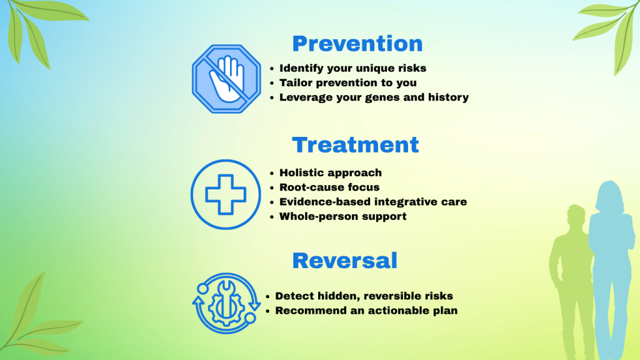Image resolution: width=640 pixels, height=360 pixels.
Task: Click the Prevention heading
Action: (x=357, y=44)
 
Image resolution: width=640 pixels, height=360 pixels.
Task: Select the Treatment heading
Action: (x=355, y=145)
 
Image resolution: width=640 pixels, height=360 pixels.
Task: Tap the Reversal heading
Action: (x=344, y=261)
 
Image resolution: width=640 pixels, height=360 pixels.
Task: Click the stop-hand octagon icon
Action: (x=226, y=79)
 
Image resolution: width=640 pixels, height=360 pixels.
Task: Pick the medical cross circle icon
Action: (x=226, y=194)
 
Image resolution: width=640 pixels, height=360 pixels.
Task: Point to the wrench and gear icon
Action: (x=226, y=303)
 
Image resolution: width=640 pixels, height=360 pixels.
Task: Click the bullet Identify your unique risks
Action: (x=352, y=68)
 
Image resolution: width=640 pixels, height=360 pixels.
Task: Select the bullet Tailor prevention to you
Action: (x=347, y=83)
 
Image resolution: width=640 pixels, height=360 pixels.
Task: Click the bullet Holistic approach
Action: (x=331, y=172)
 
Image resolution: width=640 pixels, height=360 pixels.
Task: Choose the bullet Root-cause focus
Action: (x=329, y=187)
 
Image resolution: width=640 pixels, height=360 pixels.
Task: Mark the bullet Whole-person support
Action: (x=343, y=216)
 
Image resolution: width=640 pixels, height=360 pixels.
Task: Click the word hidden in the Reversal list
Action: (x=336, y=296)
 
